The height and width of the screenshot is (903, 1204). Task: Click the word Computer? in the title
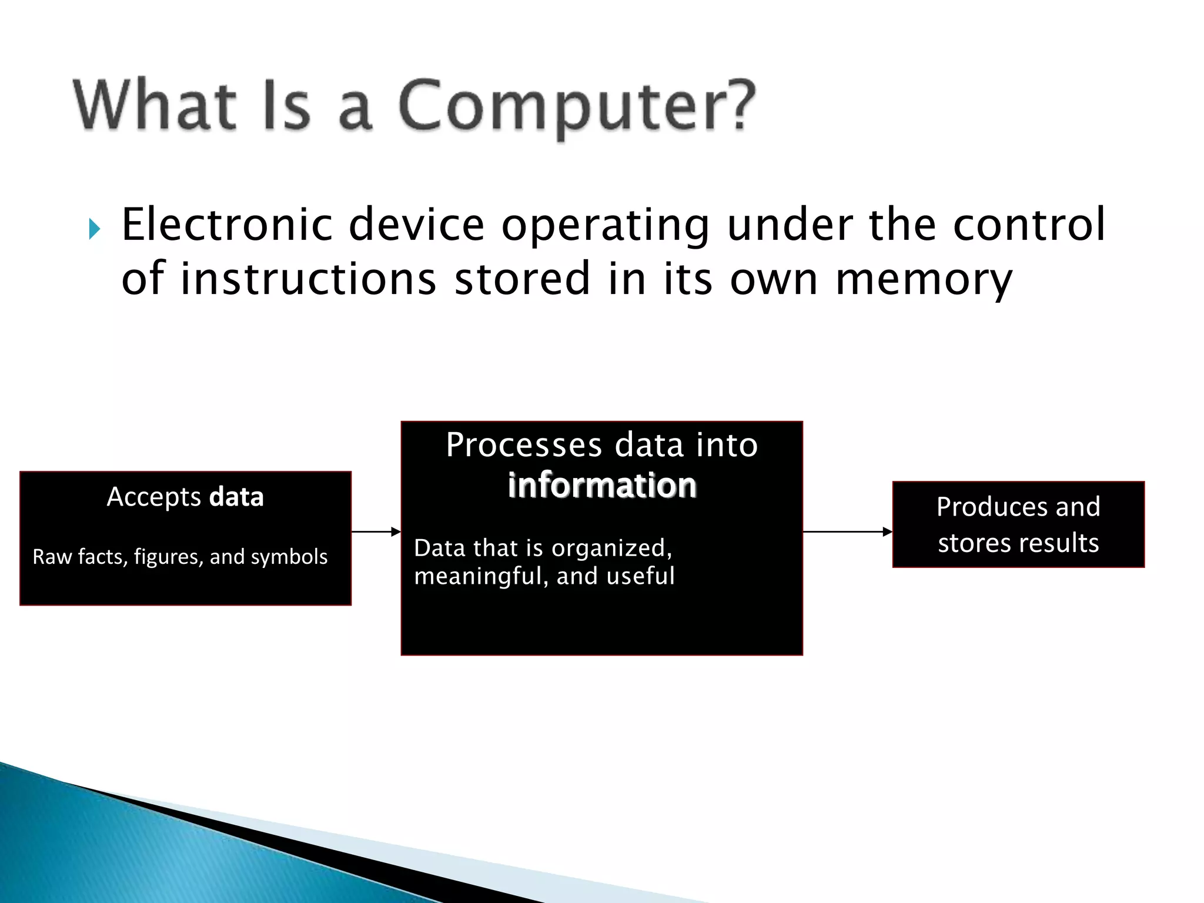[x=576, y=106]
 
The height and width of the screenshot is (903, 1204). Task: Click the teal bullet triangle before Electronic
[x=95, y=229]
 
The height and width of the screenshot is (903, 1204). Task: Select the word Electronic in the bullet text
[x=227, y=225]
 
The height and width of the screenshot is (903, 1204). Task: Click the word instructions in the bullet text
[x=308, y=279]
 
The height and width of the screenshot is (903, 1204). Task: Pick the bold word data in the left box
[x=236, y=497]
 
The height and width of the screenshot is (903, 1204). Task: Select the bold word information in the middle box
[x=602, y=486]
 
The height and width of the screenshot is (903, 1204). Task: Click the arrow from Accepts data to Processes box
[x=376, y=532]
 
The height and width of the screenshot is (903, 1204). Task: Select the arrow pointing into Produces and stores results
[x=847, y=532]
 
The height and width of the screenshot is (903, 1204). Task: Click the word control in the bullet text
[x=1029, y=225]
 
